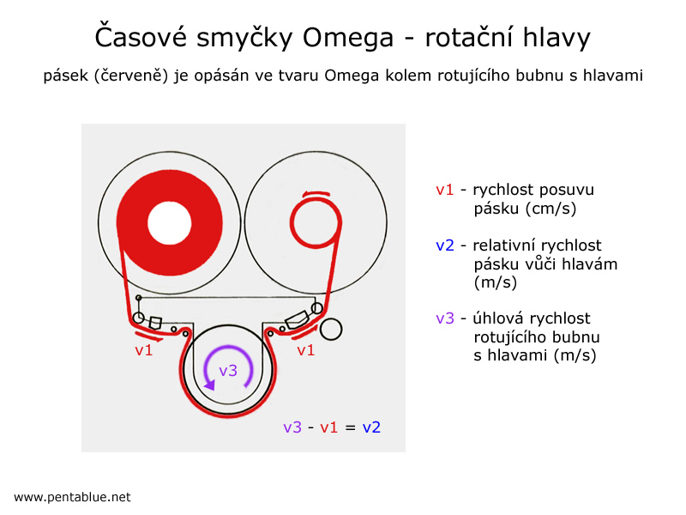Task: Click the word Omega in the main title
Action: point(348,38)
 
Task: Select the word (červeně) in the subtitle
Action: point(131,76)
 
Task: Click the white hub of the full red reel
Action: point(169,222)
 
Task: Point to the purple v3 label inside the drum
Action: point(228,371)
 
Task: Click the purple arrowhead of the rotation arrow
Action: point(210,385)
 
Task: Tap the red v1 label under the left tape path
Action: point(143,350)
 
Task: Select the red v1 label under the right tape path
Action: point(305,350)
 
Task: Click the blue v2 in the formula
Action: point(371,427)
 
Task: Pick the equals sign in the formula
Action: point(350,427)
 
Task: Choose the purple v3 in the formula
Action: point(292,427)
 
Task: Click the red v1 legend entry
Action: point(444,190)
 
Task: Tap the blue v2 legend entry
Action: point(445,245)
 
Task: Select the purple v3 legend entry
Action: point(445,318)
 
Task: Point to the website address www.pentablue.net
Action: point(72,497)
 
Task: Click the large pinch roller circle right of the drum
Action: point(331,329)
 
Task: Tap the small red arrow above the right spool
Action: point(316,194)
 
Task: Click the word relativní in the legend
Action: point(499,245)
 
